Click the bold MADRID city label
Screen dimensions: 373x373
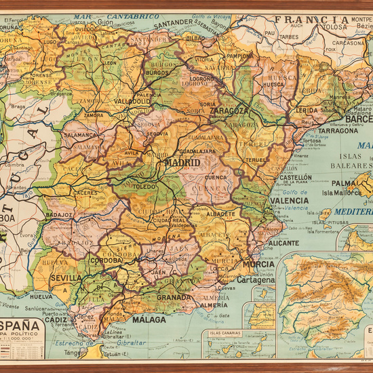coord(182,163)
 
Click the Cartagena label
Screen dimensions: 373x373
coord(256,279)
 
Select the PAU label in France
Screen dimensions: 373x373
coord(270,32)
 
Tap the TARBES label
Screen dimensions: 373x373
coord(289,37)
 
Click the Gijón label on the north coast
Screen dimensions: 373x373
coord(106,22)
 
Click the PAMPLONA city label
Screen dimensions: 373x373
coord(239,55)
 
